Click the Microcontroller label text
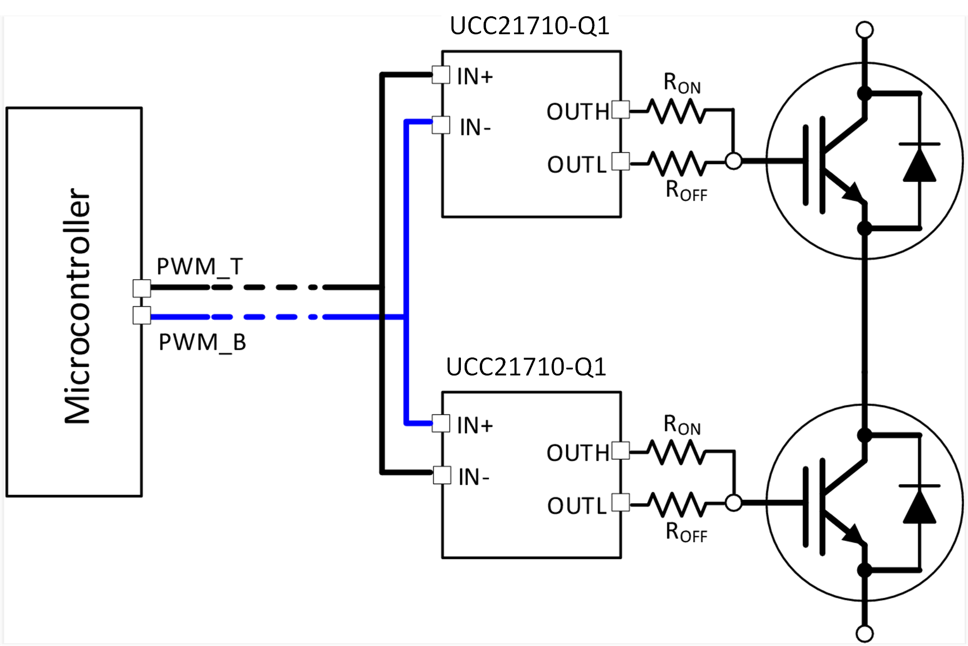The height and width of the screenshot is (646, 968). (x=77, y=305)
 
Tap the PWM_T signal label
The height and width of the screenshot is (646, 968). (x=199, y=266)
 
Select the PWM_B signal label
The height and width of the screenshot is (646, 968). (x=202, y=342)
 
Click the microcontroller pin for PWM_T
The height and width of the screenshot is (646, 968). (x=142, y=288)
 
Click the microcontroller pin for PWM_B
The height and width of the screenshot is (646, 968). (x=142, y=315)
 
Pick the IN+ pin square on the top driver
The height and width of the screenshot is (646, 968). (x=441, y=75)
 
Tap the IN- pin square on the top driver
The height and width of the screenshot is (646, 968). (x=441, y=125)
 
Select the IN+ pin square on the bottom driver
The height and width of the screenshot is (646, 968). (x=441, y=423)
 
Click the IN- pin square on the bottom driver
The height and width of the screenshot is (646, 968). (x=442, y=475)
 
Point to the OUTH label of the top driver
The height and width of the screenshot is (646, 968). (x=578, y=112)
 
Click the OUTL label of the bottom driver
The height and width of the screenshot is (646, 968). (x=577, y=506)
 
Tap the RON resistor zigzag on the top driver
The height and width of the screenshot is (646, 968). (x=677, y=111)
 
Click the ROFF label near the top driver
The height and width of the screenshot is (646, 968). (x=686, y=191)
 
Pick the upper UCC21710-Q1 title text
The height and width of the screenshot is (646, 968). (x=529, y=26)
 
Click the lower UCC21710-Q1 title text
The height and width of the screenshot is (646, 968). (x=526, y=367)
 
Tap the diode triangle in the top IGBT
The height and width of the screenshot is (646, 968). (x=919, y=165)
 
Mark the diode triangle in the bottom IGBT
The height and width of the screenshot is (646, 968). (x=919, y=506)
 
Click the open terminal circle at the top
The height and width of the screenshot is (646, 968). (x=864, y=29)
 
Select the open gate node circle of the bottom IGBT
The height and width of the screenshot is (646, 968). (x=734, y=503)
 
